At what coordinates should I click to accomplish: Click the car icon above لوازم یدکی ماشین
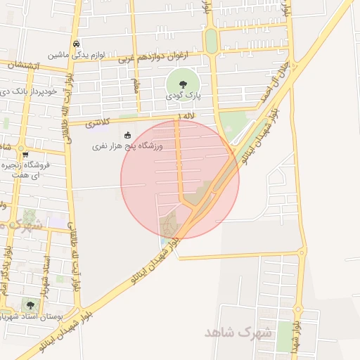click(x=77, y=43)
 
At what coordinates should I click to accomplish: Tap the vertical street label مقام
click(x=135, y=84)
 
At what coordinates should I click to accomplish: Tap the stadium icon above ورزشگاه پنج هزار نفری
click(x=127, y=135)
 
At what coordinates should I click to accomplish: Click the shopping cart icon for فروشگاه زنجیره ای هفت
click(x=25, y=154)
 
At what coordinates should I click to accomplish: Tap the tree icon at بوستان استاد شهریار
click(x=30, y=305)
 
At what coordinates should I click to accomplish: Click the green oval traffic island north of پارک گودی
click(x=211, y=41)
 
